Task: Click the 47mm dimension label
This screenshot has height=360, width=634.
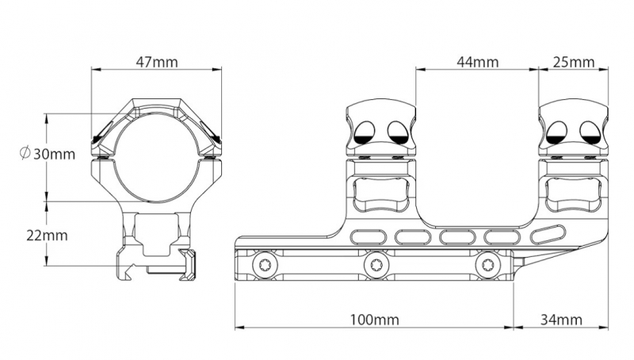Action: [157, 62]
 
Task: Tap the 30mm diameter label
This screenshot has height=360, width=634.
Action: [54, 154]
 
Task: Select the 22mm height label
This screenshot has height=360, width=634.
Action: [48, 236]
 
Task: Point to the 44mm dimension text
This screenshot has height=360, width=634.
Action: [478, 62]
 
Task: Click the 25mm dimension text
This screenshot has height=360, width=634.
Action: [574, 62]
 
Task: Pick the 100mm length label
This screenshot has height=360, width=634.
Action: [374, 320]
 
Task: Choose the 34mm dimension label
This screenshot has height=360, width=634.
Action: [561, 320]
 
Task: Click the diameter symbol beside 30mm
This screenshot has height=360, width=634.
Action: [25, 153]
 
